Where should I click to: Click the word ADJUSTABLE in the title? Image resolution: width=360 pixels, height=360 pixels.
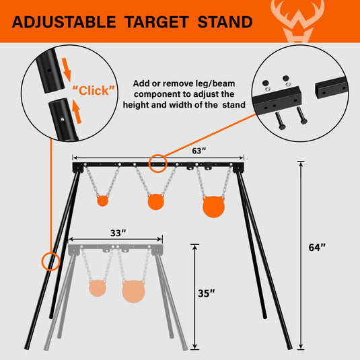click(64, 22)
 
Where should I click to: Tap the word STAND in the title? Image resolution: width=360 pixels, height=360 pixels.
click(225, 22)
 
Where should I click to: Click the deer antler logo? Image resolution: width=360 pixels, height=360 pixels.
click(297, 21)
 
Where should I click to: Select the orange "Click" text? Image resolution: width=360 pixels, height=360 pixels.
click(94, 90)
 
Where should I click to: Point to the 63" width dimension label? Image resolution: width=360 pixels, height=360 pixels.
click(199, 151)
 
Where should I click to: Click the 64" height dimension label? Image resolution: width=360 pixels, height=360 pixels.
click(317, 248)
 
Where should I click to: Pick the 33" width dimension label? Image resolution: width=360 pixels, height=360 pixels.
click(118, 233)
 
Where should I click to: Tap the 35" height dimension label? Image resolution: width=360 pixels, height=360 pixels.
click(207, 293)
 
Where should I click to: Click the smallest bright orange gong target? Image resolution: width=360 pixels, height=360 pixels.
click(103, 201)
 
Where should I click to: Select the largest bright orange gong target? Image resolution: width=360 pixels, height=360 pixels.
click(213, 207)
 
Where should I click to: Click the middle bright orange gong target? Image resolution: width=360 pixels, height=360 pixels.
click(155, 202)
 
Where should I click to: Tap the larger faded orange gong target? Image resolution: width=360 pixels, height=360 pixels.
click(134, 291)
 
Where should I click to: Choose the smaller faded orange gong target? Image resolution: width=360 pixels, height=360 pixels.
click(98, 288)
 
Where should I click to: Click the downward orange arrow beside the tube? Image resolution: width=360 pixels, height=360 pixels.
click(67, 69)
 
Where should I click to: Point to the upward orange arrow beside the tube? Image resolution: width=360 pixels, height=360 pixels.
click(77, 112)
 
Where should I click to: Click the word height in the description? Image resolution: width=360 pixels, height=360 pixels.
click(135, 105)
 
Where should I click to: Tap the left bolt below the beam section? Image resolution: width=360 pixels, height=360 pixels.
click(280, 121)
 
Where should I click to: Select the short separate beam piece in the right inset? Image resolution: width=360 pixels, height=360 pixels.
click(332, 87)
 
